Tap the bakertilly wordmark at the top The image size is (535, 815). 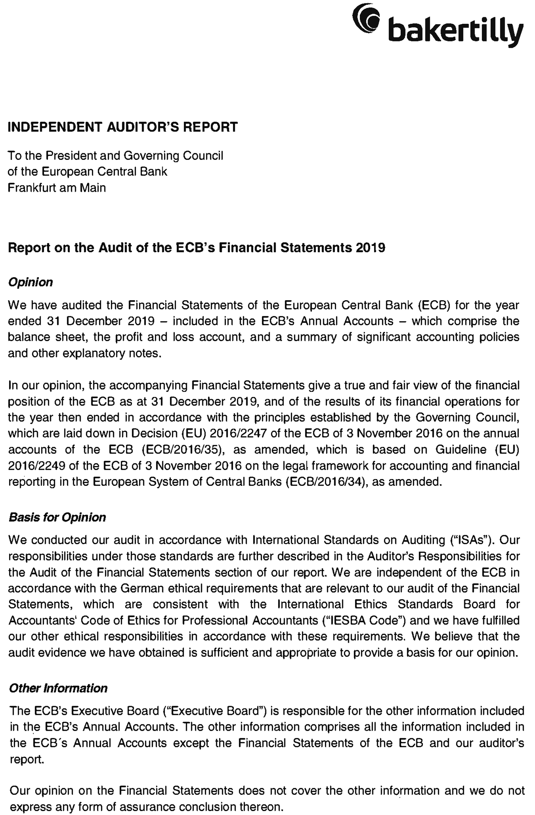coord(456,31)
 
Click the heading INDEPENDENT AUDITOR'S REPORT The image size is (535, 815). coord(123,127)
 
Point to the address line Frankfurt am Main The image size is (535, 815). coord(57,188)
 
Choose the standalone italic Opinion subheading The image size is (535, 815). coord(31,282)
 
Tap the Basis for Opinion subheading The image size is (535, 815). coord(57,517)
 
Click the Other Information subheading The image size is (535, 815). coord(58,688)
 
